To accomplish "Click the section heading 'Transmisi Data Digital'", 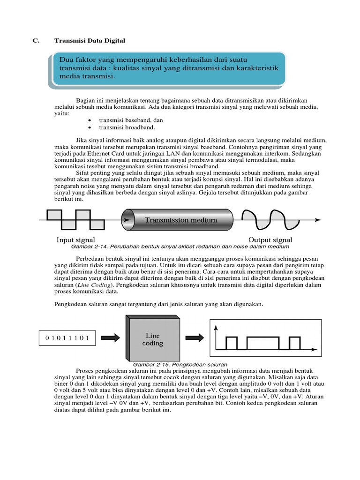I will [90, 41].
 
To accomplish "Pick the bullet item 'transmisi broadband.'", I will [127, 127].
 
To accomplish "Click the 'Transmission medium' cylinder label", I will [180, 220].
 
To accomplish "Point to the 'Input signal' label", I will [75, 240].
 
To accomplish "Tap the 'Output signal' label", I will [270, 240].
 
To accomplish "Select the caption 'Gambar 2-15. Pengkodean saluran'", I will [180, 364].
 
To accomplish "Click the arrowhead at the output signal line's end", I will [318, 219].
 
